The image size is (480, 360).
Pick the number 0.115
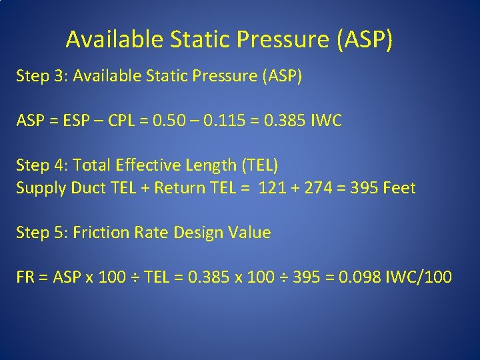point(235,121)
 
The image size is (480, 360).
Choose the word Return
point(178,188)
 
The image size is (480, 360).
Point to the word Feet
point(399,188)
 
